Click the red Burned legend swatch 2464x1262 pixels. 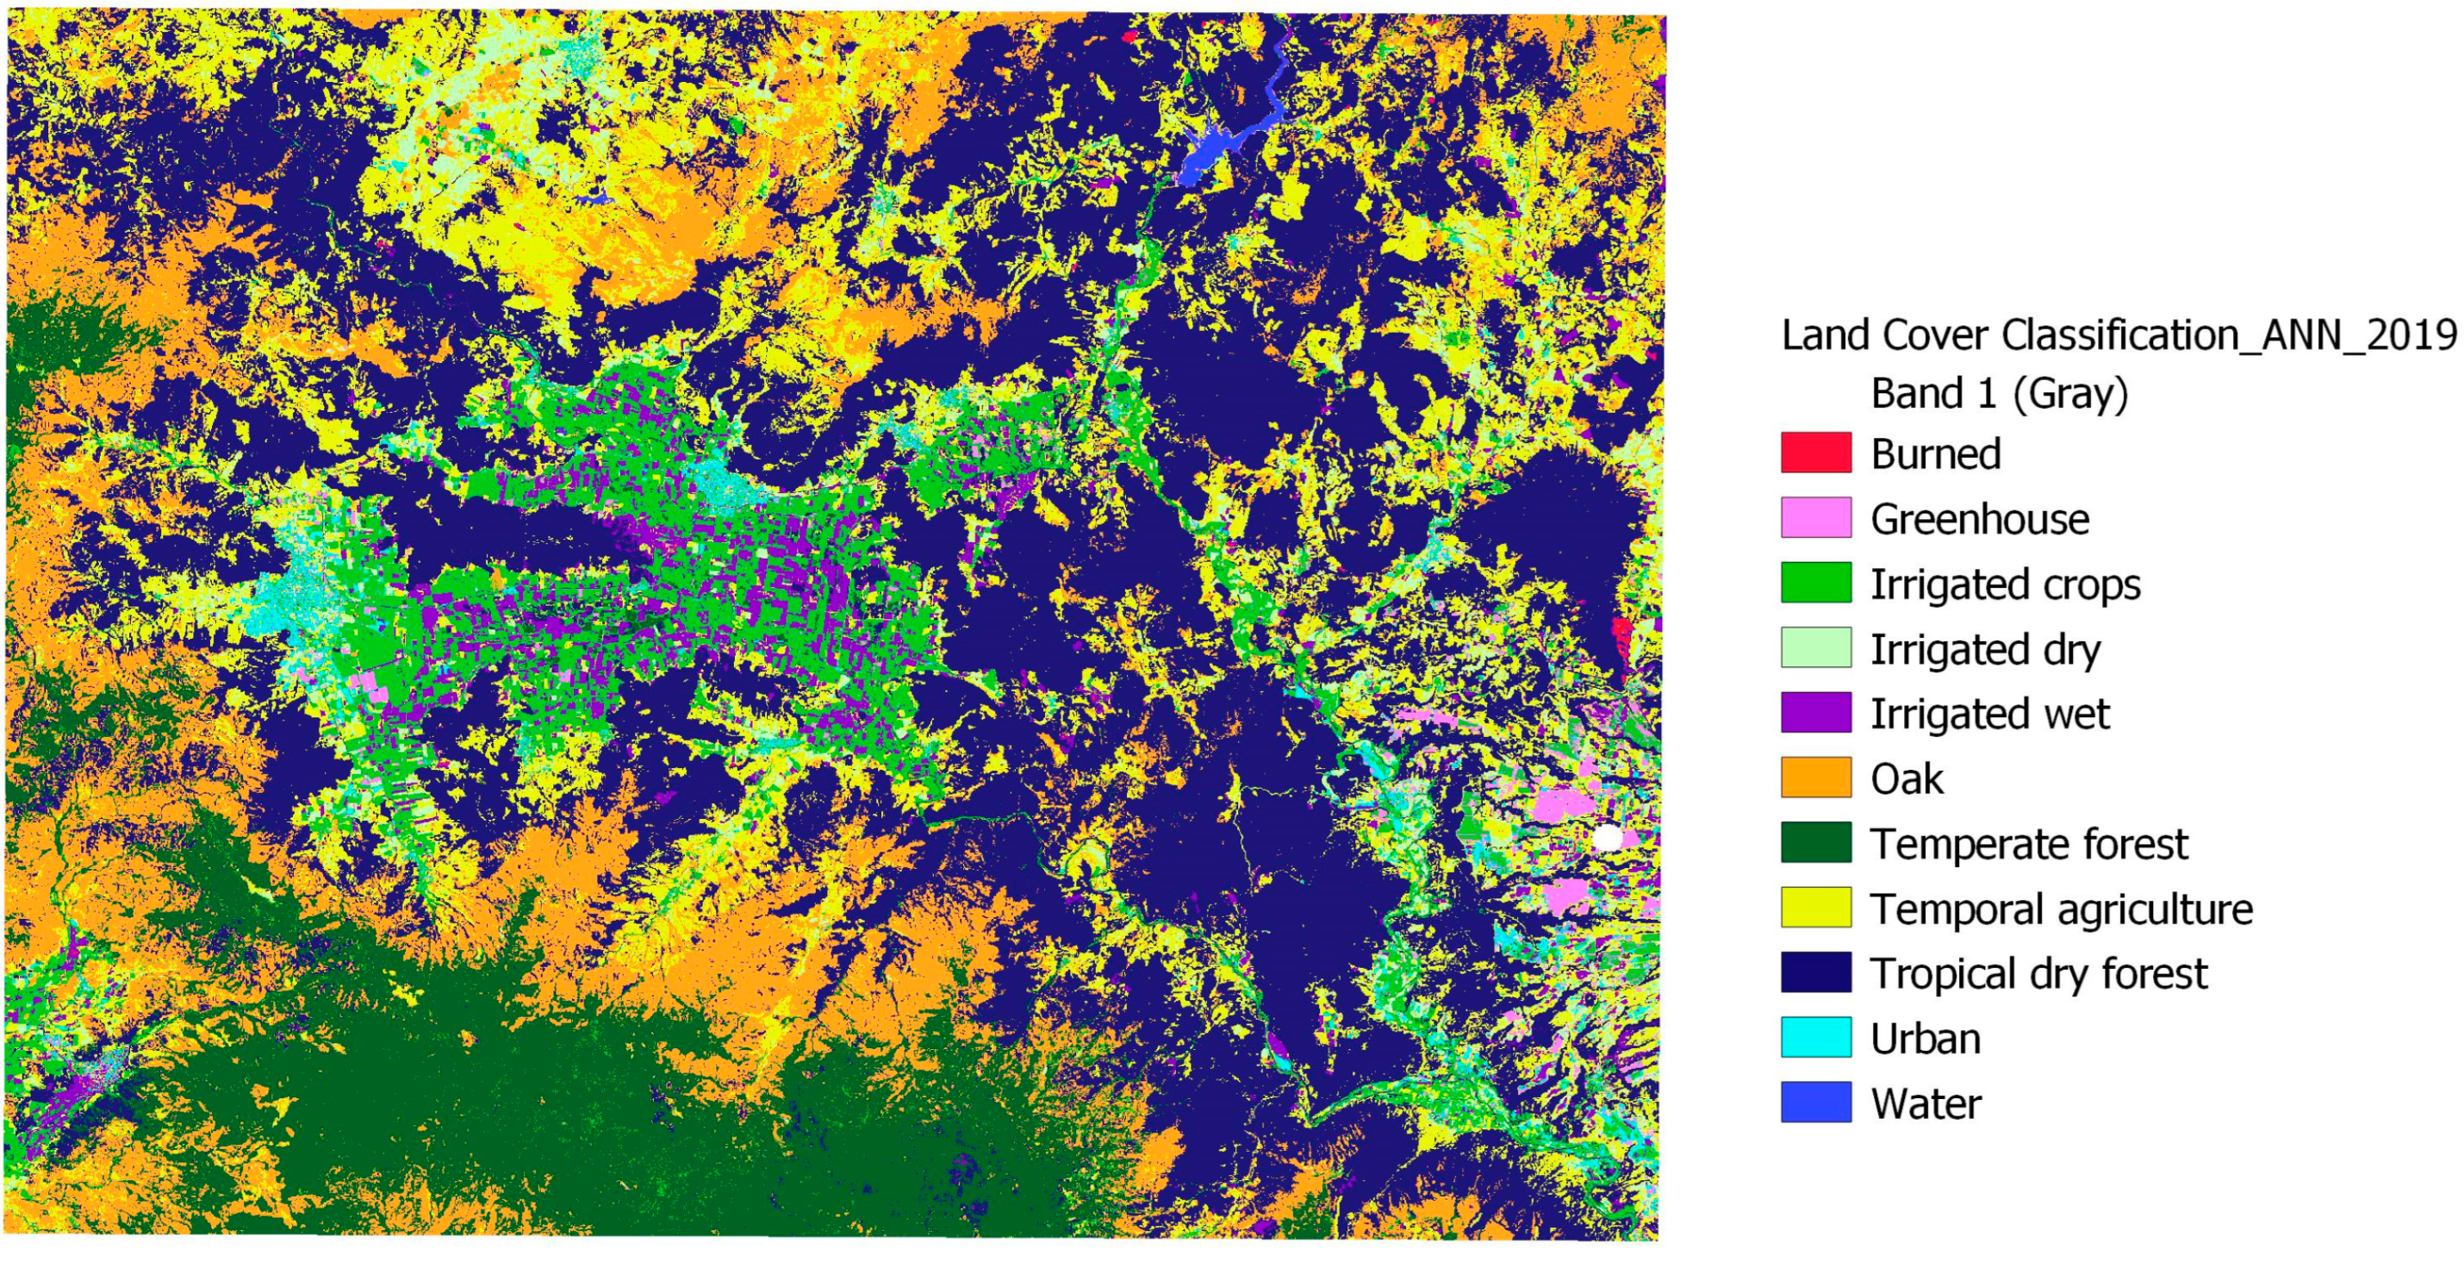pyautogui.click(x=1815, y=453)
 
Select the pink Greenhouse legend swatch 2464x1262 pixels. pyautogui.click(x=1815, y=517)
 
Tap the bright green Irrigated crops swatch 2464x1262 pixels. pyautogui.click(x=1815, y=583)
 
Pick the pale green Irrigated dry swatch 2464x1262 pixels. pyautogui.click(x=1815, y=647)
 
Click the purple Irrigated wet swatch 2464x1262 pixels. pyautogui.click(x=1815, y=713)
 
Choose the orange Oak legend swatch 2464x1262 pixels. pyautogui.click(x=1815, y=778)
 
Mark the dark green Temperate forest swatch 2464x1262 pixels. pyautogui.click(x=1815, y=843)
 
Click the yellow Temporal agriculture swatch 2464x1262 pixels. pyautogui.click(x=1815, y=908)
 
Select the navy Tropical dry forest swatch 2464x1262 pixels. pyautogui.click(x=1815, y=972)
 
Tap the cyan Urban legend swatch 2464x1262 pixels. pyautogui.click(x=1815, y=1037)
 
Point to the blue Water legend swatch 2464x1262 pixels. pyautogui.click(x=1815, y=1103)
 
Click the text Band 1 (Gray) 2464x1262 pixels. pyautogui.click(x=1999, y=393)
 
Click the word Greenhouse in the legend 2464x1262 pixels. pyautogui.click(x=1979, y=520)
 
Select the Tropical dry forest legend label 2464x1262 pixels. pyautogui.click(x=2038, y=974)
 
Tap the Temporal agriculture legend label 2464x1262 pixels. pyautogui.click(x=2062, y=909)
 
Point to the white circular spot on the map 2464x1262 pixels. pyautogui.click(x=1608, y=838)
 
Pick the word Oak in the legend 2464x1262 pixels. pyautogui.click(x=1907, y=778)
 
